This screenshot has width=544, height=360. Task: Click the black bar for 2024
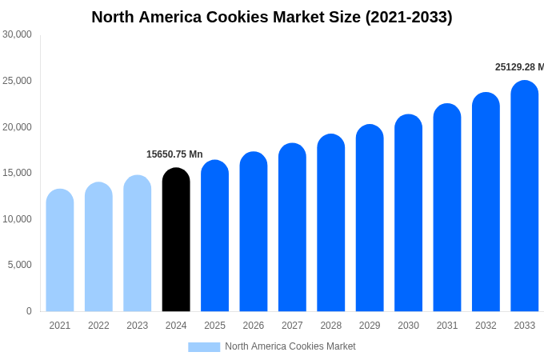tap(176, 239)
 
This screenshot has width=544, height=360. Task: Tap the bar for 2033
tap(525, 196)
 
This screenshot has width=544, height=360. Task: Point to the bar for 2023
tap(138, 243)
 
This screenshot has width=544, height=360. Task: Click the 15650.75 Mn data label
tap(174, 154)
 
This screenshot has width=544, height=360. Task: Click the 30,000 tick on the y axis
tap(17, 34)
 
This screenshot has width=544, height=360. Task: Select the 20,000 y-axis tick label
tap(17, 126)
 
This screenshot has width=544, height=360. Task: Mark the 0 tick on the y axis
tap(29, 311)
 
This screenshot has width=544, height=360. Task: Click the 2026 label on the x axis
tap(254, 326)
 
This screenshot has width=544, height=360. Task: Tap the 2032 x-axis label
tap(486, 326)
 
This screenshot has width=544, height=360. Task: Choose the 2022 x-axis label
tap(98, 326)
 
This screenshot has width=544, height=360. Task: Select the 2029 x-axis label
tap(370, 326)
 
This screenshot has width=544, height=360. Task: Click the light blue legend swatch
tap(204, 346)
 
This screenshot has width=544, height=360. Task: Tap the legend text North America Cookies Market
tap(290, 346)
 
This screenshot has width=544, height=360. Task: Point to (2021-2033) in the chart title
tap(409, 17)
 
